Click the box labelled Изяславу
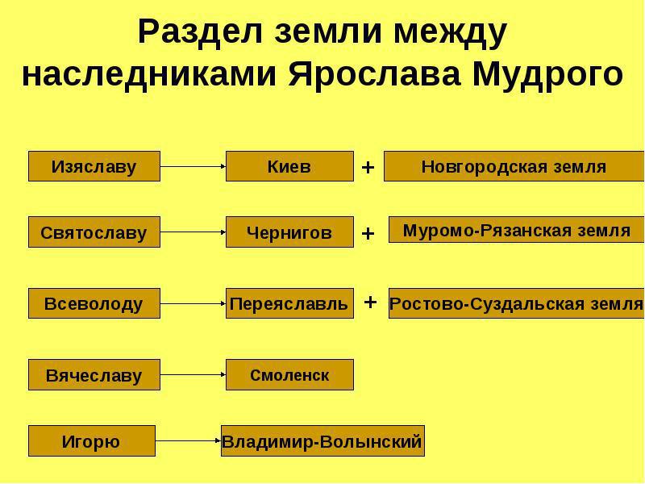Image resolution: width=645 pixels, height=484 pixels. pos(94,166)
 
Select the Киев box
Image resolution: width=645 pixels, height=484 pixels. pos(289,166)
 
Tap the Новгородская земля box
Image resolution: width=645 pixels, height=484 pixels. pos(514,166)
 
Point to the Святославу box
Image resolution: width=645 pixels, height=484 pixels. pos(94,232)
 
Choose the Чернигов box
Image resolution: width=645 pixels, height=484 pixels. pos(289,232)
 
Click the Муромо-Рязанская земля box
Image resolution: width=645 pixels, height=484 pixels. pos(517,230)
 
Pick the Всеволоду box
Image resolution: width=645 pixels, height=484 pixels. pos(94,303)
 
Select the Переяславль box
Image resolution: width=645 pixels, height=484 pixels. pos(289,303)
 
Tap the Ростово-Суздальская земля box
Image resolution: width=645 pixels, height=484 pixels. pos(517,303)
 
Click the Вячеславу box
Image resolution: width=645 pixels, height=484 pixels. pos(94,374)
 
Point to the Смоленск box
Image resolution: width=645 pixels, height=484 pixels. pos(289,374)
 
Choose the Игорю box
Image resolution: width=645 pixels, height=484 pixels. pos(92,440)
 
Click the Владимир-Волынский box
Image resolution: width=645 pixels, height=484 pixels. pos(323,440)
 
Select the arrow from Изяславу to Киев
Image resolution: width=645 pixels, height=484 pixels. pos(193,166)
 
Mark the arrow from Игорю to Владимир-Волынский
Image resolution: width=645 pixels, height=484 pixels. pos(189,440)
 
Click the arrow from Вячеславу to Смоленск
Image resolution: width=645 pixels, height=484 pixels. pos(193,374)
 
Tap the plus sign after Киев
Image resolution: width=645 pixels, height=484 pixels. pos(368,168)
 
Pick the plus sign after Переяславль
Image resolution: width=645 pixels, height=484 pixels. pos(370,302)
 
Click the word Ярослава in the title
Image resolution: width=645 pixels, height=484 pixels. pos(374,75)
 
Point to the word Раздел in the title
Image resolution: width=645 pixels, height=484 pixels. pos(200,32)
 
